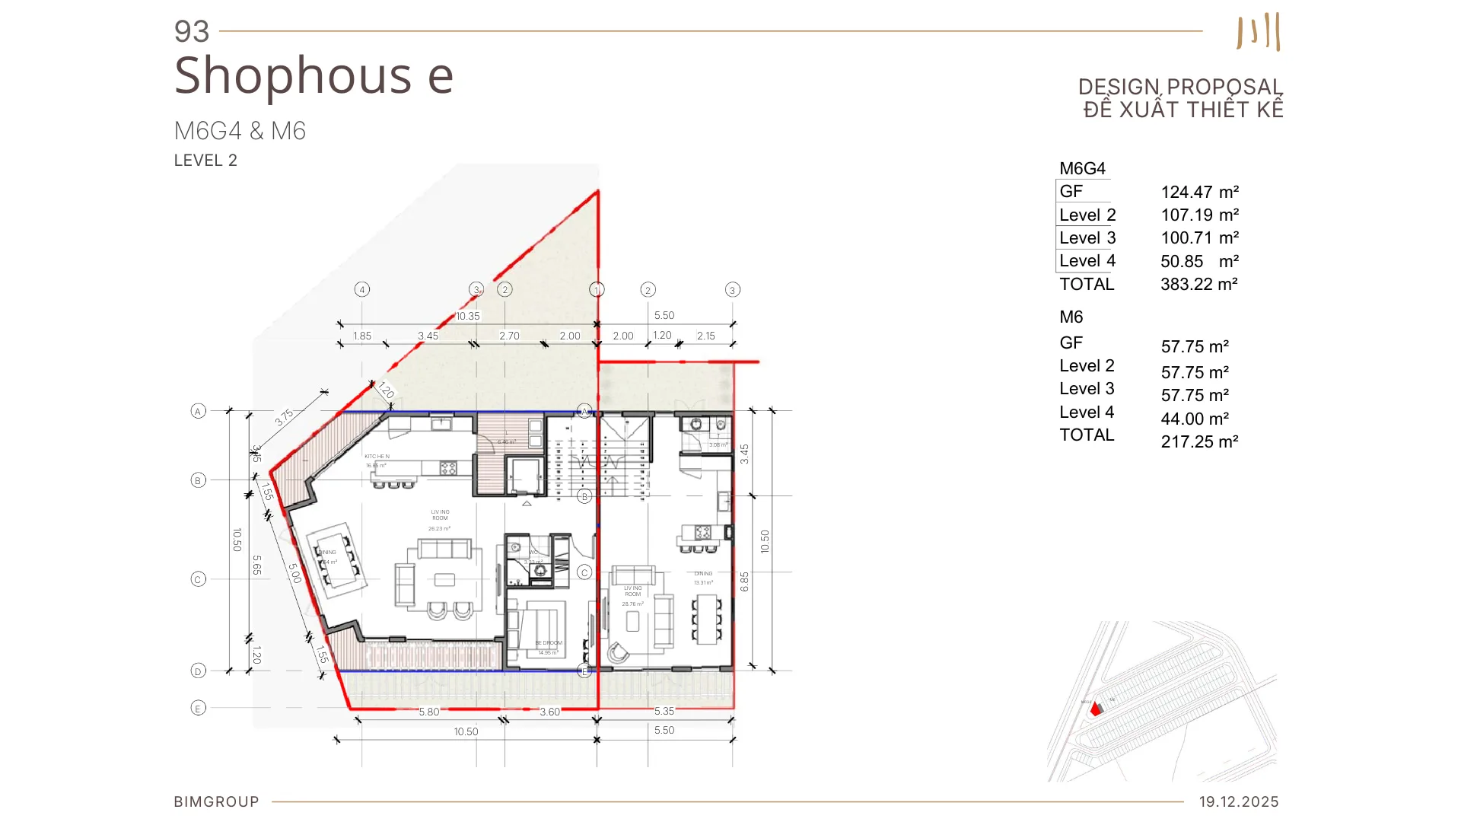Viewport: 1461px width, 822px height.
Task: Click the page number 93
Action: (x=191, y=32)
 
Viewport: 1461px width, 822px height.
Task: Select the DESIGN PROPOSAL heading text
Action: (x=1180, y=87)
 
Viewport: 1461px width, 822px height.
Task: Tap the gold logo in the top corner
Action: (x=1259, y=32)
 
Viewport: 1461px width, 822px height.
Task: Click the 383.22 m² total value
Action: (x=1198, y=285)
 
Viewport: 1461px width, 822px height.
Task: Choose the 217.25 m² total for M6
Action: (x=1199, y=442)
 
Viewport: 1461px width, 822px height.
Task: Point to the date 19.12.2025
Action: (x=1238, y=801)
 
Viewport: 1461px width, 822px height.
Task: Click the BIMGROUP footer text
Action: (x=216, y=801)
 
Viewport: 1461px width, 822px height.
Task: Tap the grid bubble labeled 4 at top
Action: (x=362, y=289)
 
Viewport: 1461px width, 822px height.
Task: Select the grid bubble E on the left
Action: (x=198, y=708)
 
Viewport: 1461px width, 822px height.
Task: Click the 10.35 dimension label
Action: (x=468, y=316)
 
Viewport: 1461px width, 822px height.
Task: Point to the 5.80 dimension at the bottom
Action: (x=429, y=712)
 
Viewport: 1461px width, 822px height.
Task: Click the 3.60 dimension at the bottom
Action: (x=549, y=712)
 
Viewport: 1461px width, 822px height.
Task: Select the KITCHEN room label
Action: (x=377, y=457)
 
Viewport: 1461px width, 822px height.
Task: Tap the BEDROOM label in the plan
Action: (x=549, y=643)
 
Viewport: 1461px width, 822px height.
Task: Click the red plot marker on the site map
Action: (x=1095, y=709)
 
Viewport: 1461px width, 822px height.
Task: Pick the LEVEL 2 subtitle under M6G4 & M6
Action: (x=205, y=161)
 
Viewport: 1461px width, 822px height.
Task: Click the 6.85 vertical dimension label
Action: (x=744, y=581)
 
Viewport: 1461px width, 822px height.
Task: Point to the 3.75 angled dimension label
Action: (x=284, y=417)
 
